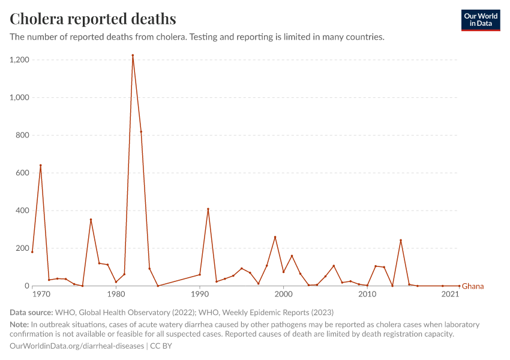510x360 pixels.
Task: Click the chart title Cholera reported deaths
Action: point(93,19)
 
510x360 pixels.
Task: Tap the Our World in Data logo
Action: point(480,20)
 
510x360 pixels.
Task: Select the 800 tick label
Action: point(22,136)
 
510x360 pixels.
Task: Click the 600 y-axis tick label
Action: point(22,173)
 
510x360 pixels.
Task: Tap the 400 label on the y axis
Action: point(22,211)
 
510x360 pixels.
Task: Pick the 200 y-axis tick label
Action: point(22,248)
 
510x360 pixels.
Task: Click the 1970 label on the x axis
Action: point(41,295)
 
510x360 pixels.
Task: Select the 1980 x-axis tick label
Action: point(116,295)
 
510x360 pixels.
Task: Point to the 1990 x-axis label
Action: point(200,295)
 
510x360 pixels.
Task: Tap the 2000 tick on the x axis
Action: point(283,295)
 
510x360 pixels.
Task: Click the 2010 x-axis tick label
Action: point(367,295)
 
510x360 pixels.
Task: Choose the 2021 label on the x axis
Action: point(451,295)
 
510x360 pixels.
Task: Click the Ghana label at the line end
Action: point(473,286)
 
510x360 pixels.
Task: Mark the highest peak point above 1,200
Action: point(133,55)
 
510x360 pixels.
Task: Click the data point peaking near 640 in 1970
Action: point(41,165)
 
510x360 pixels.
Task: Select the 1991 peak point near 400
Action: point(208,209)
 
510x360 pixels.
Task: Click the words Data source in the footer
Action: point(31,313)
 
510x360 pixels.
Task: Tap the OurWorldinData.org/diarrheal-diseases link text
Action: point(77,346)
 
